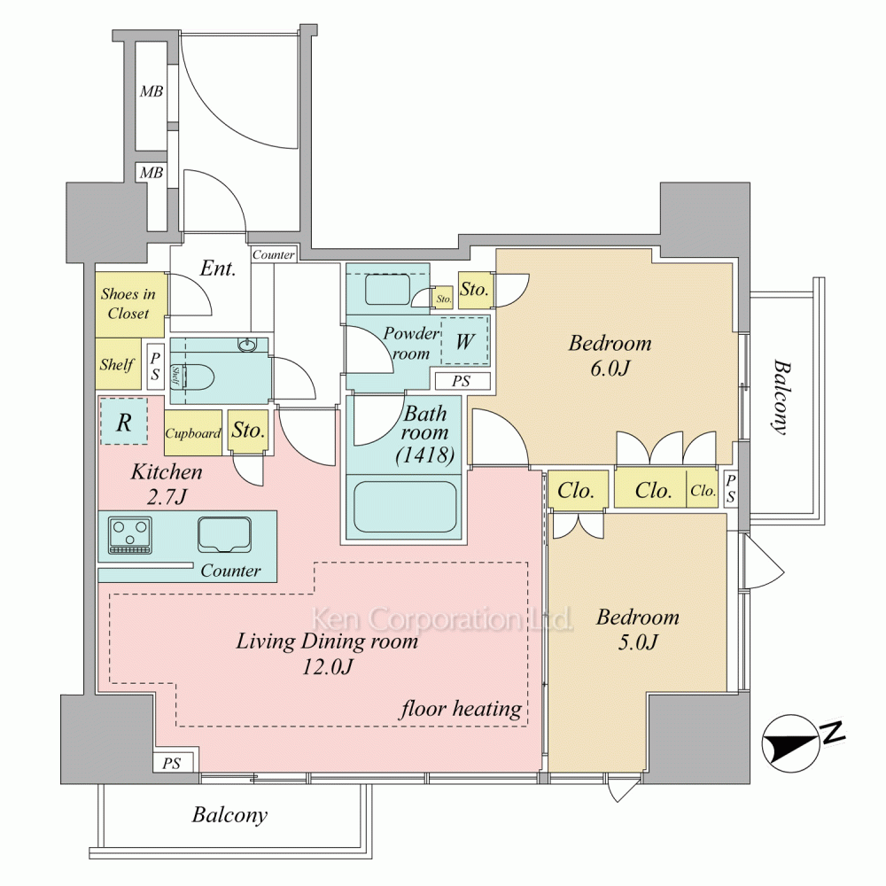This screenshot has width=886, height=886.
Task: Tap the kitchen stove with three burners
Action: [130, 534]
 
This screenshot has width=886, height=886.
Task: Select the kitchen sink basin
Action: [224, 534]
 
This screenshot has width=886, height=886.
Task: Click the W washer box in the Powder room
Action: [464, 341]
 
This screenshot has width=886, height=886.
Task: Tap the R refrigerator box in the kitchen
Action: [124, 422]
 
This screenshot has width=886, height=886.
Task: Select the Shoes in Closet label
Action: [128, 303]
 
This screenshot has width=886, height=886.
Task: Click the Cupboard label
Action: [192, 433]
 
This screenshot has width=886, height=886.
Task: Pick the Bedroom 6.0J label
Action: [610, 355]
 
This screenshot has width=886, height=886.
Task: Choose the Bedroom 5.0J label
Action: [637, 629]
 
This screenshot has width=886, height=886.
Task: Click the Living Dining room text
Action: [327, 641]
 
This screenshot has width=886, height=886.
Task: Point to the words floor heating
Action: [461, 709]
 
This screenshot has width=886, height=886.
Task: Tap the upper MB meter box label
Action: [152, 91]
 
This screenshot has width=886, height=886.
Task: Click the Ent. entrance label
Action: [218, 268]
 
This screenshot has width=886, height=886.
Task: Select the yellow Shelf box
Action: [118, 364]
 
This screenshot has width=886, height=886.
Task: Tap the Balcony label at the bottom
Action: [229, 815]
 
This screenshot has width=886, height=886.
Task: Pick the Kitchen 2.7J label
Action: [167, 484]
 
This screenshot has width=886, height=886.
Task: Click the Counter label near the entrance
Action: [274, 255]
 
